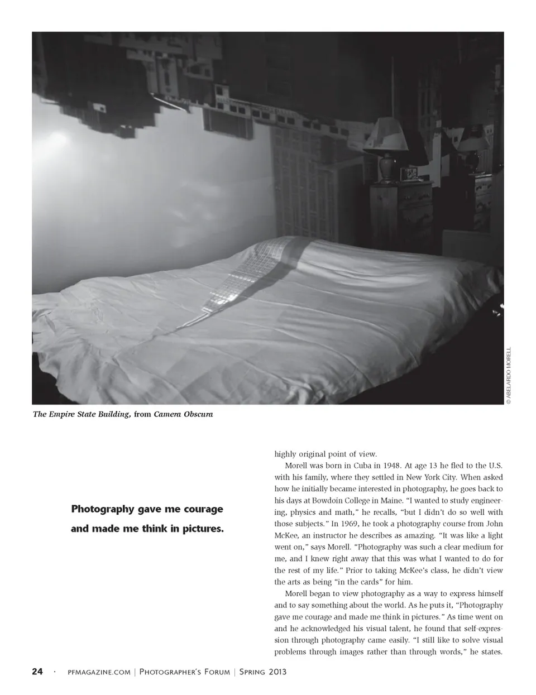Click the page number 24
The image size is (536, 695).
[37, 672]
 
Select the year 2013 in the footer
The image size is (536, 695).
[275, 672]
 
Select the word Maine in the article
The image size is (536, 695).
[402, 500]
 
